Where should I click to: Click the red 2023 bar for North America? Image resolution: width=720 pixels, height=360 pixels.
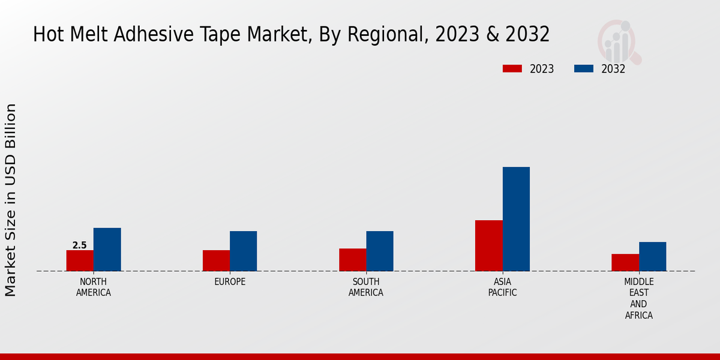pos(80,260)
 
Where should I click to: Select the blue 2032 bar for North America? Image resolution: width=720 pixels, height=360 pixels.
pos(107,250)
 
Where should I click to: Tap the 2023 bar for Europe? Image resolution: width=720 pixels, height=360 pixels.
pos(216,260)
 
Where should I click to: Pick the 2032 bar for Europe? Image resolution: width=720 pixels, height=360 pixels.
pos(243,251)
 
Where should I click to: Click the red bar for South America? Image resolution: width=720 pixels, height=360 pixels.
pos(352,260)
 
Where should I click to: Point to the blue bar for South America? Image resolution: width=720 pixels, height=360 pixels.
pos(380,251)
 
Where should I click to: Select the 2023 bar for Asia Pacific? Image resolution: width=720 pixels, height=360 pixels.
pos(488,245)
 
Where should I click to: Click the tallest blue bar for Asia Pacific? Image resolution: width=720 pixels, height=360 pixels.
pos(516,219)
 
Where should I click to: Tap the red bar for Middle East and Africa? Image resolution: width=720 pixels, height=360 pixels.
pos(625,262)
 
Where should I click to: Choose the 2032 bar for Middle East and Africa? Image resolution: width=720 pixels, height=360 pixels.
pos(652,256)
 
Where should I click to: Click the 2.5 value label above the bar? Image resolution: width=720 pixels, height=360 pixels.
pos(79,245)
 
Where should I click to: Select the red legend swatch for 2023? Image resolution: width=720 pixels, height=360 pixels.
pos(512,68)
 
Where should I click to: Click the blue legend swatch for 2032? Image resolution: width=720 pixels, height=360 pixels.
pos(584,68)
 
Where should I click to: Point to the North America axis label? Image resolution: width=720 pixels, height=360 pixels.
pos(94,287)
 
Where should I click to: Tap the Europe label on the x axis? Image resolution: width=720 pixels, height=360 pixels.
pos(230,282)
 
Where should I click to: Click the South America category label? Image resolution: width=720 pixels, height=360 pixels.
pos(366,287)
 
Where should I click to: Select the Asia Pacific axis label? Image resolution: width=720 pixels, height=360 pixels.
pos(502,287)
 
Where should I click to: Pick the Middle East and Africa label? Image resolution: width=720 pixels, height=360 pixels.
pos(639,298)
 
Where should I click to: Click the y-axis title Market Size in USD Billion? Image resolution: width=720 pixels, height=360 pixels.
pos(11,200)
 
